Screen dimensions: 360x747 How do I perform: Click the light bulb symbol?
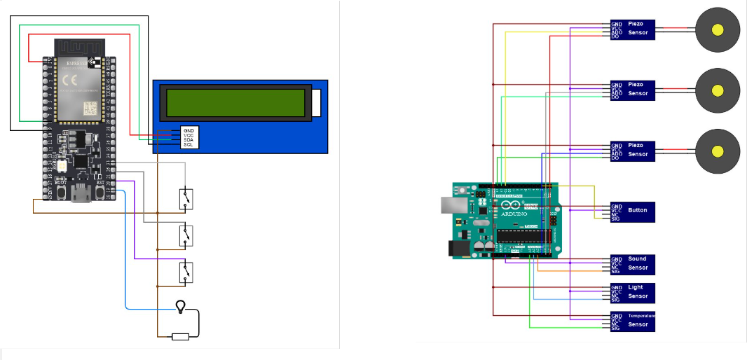click(x=181, y=305)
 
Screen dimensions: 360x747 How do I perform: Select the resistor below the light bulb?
click(x=181, y=337)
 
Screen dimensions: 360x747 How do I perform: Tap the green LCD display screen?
click(x=235, y=103)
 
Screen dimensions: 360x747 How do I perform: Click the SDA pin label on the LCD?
click(x=189, y=139)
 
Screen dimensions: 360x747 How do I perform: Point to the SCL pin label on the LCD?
click(x=189, y=145)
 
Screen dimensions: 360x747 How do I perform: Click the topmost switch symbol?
click(x=186, y=200)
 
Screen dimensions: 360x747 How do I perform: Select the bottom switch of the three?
click(x=186, y=271)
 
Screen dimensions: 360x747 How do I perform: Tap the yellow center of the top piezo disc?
click(x=717, y=29)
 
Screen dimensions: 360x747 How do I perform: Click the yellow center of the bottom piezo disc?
click(x=717, y=151)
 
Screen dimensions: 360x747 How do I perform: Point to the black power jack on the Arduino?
click(x=456, y=249)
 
